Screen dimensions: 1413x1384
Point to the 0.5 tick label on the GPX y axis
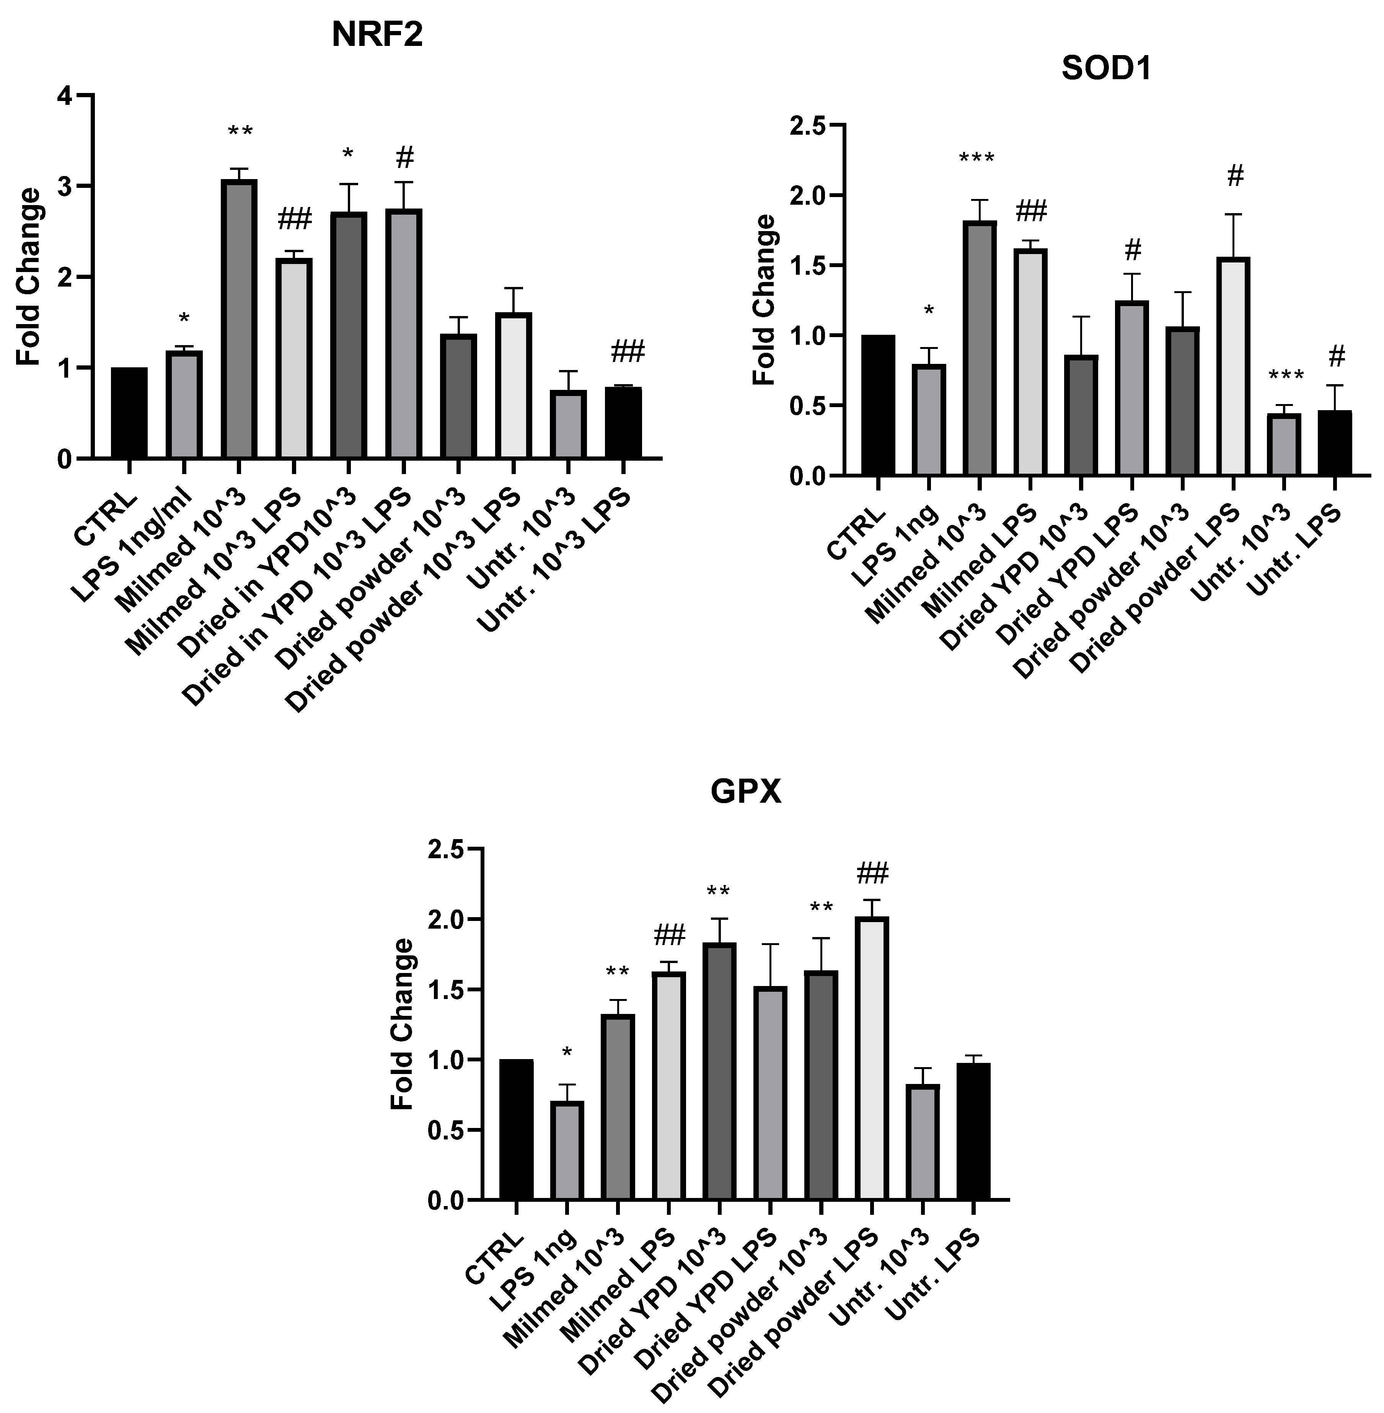[445, 1130]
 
